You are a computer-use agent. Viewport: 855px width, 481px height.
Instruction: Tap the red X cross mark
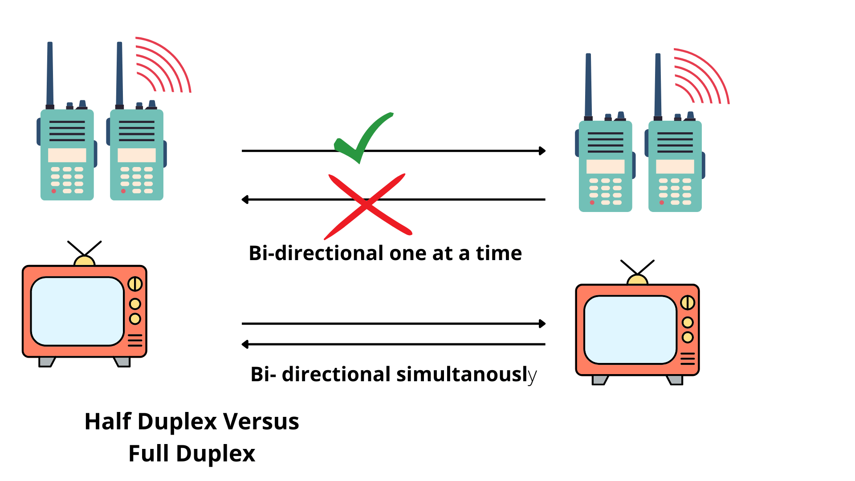[367, 205]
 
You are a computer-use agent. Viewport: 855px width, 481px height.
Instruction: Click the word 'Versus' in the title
[261, 421]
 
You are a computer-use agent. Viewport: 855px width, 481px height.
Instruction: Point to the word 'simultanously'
[466, 375]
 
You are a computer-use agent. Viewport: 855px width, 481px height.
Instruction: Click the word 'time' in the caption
[499, 253]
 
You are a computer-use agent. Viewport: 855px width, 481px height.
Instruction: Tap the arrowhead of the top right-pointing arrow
[542, 151]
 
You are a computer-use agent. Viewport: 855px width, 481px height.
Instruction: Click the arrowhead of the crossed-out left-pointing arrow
[245, 200]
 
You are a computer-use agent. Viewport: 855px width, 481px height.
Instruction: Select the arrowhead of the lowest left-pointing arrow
[245, 344]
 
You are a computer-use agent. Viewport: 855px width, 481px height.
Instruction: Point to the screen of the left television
[77, 311]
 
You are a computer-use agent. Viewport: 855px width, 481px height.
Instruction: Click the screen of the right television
[630, 330]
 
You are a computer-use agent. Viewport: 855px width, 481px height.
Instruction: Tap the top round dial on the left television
[135, 284]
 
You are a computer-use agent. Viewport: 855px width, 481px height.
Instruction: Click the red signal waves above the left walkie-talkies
[163, 65]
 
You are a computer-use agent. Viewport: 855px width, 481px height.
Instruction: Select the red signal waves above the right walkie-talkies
[701, 76]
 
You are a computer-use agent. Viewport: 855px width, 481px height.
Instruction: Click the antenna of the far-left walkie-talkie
[50, 73]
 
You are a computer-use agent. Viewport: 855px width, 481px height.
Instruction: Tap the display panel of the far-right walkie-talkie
[675, 167]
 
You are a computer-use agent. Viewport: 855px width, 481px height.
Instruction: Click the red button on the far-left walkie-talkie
[54, 191]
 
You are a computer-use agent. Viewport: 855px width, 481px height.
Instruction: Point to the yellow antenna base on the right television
[637, 280]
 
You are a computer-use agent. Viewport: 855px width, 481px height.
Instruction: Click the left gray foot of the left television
[46, 362]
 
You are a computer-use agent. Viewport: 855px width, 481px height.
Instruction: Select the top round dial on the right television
[688, 303]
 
